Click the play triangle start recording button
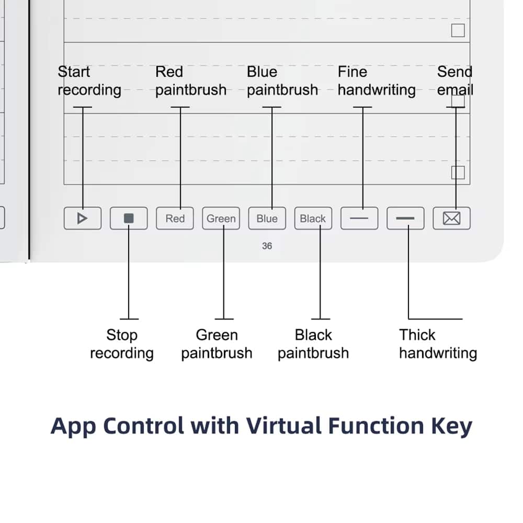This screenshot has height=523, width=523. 83,219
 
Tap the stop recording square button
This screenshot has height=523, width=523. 129,219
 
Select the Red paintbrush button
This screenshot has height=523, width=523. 175,219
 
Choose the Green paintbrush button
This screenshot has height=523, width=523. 221,219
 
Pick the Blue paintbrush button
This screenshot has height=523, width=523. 267,219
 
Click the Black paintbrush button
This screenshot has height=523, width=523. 313,219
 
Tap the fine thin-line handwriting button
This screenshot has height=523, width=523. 359,219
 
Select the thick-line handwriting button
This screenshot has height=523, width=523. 405,219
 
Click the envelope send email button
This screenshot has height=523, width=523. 452,219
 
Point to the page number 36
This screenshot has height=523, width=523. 267,246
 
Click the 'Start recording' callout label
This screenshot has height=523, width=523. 89,81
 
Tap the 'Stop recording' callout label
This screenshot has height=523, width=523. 122,344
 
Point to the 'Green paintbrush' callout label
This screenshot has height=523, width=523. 217,344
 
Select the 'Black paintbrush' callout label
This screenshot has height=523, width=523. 313,344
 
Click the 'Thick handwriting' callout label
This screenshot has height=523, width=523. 438,344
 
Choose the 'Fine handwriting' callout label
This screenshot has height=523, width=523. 377,81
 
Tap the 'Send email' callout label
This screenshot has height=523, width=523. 455,81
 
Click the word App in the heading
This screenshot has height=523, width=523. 73,427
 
